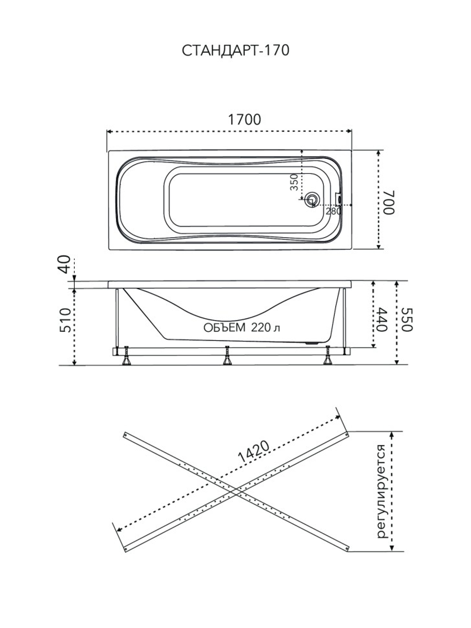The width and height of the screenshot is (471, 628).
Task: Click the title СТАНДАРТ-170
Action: point(235,50)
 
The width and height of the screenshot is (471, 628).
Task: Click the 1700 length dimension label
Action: point(244,120)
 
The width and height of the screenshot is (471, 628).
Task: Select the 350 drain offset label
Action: point(294,182)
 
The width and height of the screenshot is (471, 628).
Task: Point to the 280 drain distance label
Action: point(333,211)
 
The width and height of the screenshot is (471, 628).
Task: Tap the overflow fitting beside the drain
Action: point(338,198)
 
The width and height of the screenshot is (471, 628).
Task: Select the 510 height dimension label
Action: point(65,320)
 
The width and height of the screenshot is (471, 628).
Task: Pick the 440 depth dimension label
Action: point(382,320)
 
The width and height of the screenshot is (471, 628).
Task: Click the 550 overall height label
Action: point(407,320)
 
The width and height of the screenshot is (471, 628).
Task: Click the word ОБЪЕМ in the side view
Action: point(224,328)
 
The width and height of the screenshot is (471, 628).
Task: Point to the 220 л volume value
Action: point(266,328)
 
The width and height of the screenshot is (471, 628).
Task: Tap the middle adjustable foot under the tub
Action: point(227,355)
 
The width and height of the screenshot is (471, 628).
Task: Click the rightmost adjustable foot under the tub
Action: point(328,355)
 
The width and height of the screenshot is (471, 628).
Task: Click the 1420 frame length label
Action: point(253,452)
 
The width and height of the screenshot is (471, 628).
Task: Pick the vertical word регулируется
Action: point(382,492)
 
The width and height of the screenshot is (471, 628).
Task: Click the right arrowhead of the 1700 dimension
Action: point(349,132)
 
